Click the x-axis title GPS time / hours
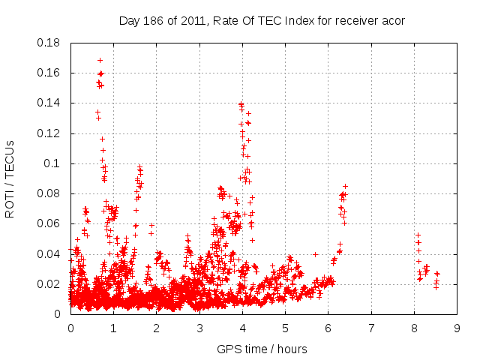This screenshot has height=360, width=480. pos(262,349)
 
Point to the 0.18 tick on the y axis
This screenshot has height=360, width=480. pos(49,43)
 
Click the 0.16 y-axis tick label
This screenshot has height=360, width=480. pos(49,73)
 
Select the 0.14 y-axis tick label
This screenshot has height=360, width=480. pos(49,103)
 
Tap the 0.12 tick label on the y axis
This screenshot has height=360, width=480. pos(49,133)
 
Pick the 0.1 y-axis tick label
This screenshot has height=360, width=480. pos(54,163)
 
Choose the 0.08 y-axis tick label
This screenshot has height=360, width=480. pos(49,193)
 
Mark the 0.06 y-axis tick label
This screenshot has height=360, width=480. pos(49,223)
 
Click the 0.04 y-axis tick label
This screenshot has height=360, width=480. pos(49,253)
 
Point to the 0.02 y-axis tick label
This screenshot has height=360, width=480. pos(49,284)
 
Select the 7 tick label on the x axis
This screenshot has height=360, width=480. pos(371,328)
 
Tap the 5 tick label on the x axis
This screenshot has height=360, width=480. pos(286,328)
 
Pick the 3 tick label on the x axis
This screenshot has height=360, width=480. pos(199,328)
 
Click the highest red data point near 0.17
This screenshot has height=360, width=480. pos(100,60)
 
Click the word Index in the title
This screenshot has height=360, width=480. pos(299,21)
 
